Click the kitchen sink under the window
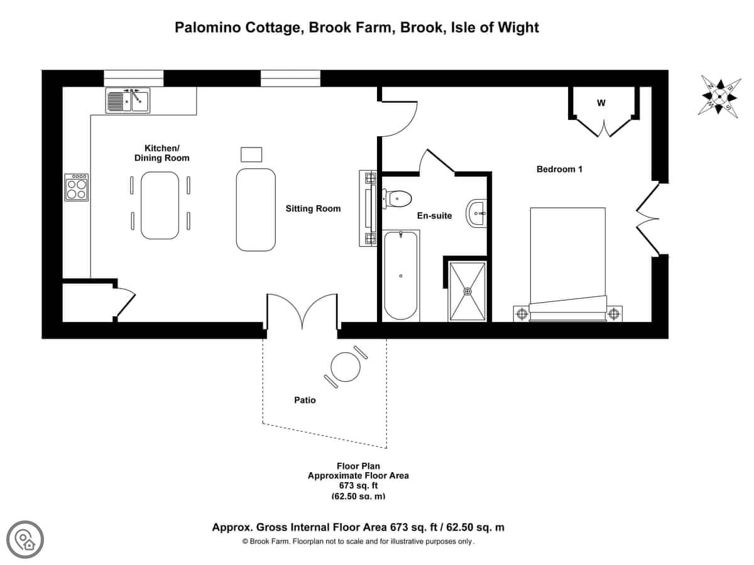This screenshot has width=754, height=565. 128,100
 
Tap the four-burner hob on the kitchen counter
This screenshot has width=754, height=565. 76,187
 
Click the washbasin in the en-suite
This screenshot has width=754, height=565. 476,213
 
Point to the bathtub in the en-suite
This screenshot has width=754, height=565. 400,276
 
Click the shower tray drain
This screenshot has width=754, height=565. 467,291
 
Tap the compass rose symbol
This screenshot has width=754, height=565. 719,97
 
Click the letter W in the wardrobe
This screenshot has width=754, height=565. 601,103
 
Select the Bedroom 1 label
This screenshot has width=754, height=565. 559,169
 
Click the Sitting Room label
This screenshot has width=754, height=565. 313,208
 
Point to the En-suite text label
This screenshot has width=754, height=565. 434,216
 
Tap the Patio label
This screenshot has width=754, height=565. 305,400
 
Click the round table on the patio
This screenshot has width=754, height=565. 346,367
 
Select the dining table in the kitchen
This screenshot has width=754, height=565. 160,205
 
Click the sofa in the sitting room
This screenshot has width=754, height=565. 256,210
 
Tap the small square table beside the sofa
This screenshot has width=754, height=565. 251,154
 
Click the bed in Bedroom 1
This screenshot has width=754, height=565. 568,264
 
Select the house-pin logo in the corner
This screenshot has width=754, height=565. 25,540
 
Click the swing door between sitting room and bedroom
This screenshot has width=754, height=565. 399,119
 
